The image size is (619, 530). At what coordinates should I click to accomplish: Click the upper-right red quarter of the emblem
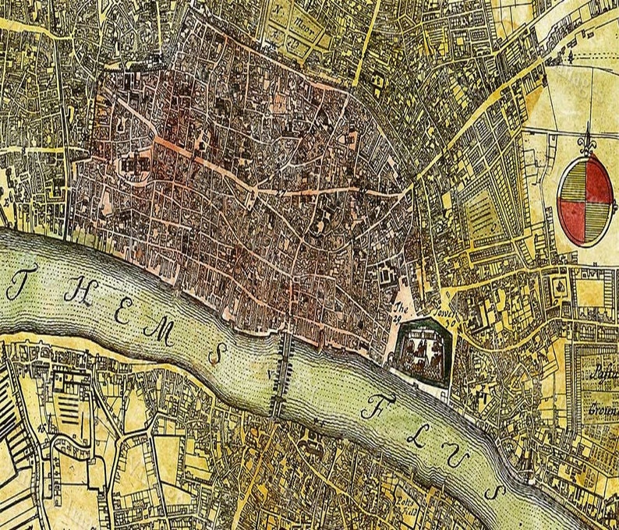coord(601,177)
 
